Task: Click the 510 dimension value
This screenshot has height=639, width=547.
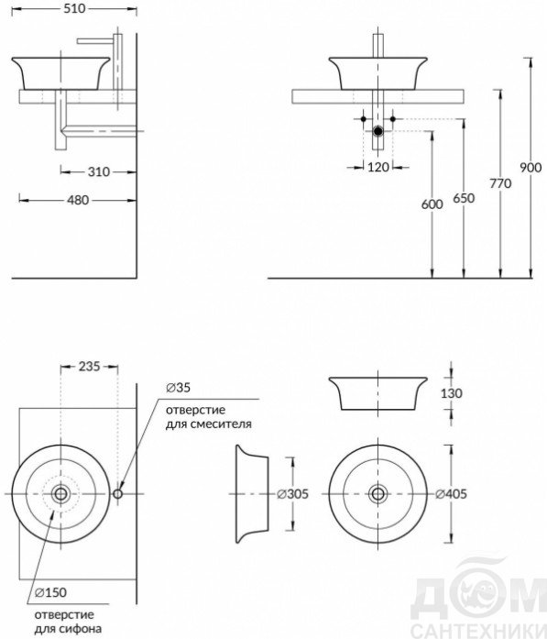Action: click(74, 8)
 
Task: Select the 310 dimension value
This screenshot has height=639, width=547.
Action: click(99, 172)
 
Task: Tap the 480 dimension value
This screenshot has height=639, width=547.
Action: click(78, 200)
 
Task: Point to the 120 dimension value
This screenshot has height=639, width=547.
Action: click(378, 167)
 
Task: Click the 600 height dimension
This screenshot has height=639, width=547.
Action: click(432, 204)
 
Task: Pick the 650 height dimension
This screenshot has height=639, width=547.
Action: click(464, 198)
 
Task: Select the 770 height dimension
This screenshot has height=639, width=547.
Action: click(500, 183)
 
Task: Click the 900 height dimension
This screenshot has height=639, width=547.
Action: click(531, 168)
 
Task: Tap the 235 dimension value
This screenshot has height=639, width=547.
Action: click(89, 367)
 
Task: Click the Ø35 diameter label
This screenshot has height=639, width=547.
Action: click(178, 388)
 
